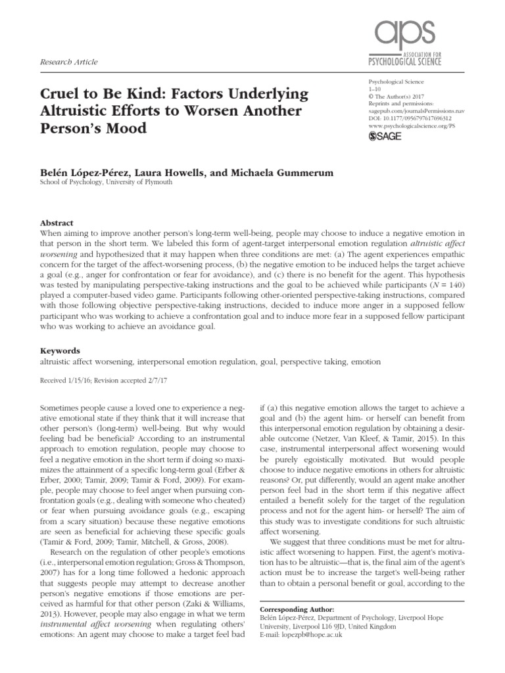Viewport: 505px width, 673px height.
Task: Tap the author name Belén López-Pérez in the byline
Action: point(86,172)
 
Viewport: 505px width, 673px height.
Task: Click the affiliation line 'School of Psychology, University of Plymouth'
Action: point(107,183)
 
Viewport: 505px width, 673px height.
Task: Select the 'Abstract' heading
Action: point(56,223)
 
